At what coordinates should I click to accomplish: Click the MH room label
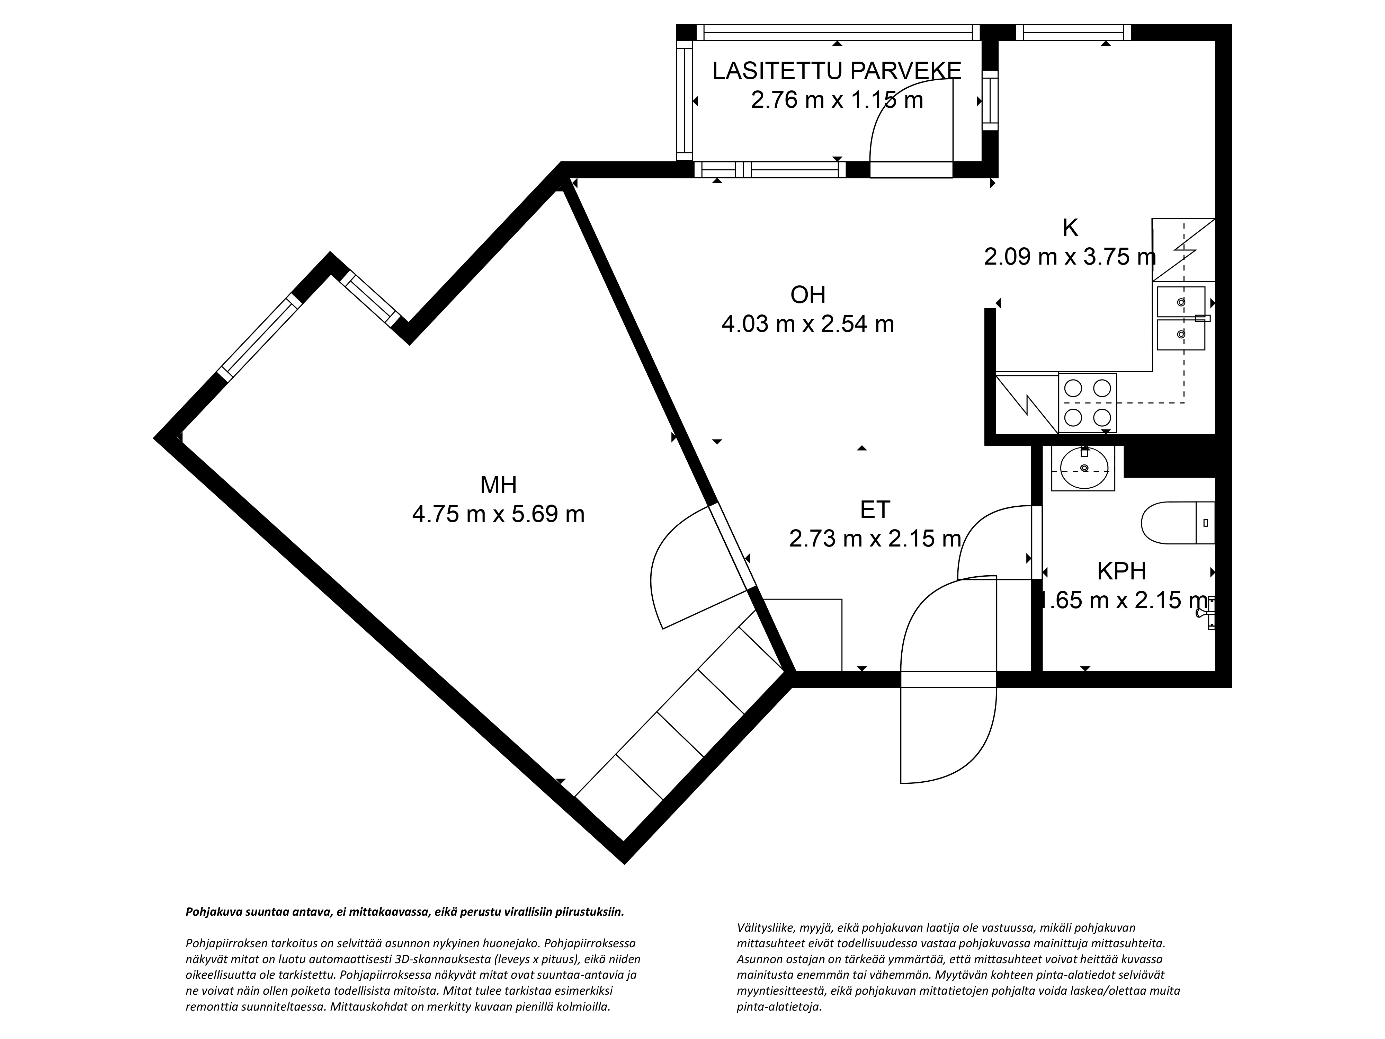tap(498, 485)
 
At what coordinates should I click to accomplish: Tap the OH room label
tap(808, 294)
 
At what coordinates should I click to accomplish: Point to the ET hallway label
tap(875, 510)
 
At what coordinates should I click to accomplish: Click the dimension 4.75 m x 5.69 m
tap(498, 514)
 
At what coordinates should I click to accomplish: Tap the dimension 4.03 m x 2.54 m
tap(808, 324)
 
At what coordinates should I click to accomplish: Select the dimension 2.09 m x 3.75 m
tap(1070, 257)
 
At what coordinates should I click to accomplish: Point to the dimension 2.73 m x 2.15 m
tap(875, 539)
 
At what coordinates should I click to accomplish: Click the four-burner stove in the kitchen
tap(1087, 403)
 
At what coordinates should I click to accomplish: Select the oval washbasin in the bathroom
tap(1084, 468)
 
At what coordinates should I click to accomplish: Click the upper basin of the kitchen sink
tap(1181, 302)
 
